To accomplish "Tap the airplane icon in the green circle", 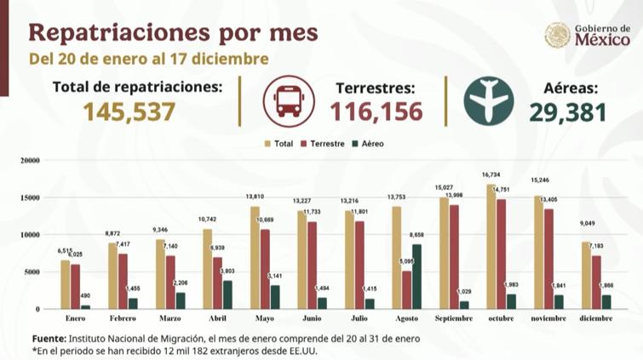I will click(488, 100).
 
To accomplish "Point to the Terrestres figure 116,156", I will click(372, 111).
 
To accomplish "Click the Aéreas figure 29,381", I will click(567, 111).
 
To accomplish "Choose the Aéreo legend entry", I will click(367, 144).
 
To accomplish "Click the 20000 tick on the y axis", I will click(31, 160).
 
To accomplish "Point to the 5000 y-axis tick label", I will click(33, 271).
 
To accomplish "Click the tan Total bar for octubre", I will click(491, 247).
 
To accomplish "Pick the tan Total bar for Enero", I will click(66, 284).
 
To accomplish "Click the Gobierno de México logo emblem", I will click(557, 36).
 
